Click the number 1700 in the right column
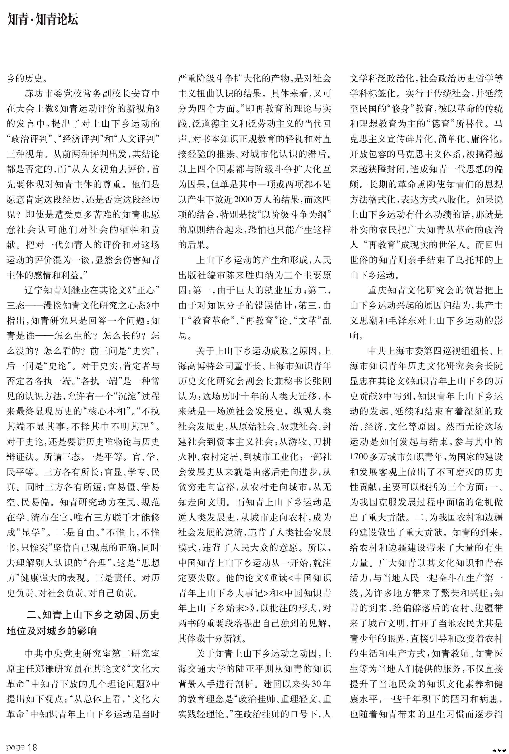[x=359, y=457]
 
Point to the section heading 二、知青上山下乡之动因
[x=93, y=615]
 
